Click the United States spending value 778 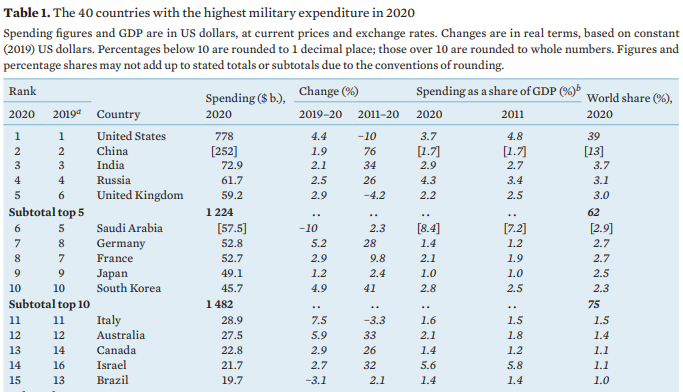(224, 136)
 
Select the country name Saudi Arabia (129, 228)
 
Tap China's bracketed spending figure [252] (224, 151)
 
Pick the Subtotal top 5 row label (46, 213)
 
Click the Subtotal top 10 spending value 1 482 (220, 304)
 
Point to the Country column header (118, 115)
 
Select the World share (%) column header (629, 98)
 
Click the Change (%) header (328, 91)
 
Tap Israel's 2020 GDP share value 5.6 (428, 365)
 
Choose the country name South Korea (128, 288)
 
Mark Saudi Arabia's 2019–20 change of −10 (308, 228)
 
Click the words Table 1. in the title (27, 13)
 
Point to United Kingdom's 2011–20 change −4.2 (374, 195)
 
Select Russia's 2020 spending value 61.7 (232, 180)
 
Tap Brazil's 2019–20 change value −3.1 (316, 380)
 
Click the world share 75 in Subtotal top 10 (593, 304)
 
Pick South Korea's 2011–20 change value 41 (370, 288)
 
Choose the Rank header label (22, 91)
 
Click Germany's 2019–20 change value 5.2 (319, 243)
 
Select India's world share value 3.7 (601, 166)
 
